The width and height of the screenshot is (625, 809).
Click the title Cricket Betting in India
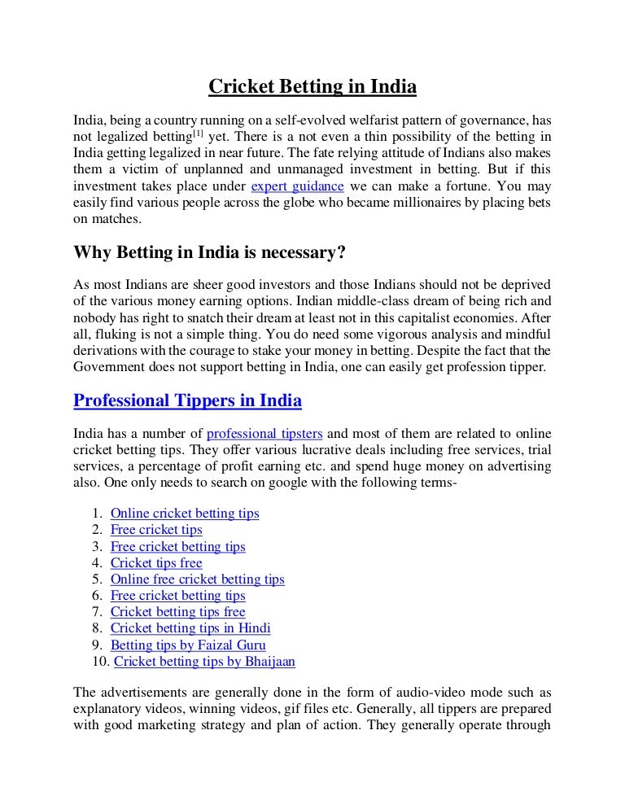click(x=312, y=85)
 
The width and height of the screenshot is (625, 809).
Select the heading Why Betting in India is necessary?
click(x=210, y=252)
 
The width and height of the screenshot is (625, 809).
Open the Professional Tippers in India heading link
click(x=187, y=400)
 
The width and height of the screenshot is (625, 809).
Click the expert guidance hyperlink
click(x=292, y=186)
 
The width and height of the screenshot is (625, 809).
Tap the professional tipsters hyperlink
click(x=264, y=432)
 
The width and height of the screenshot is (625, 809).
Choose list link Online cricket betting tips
click(x=185, y=514)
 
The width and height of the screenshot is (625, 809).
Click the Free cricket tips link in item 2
click(x=156, y=530)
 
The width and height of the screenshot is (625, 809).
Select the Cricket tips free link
click(x=156, y=562)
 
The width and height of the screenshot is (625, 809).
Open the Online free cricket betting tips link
click(x=197, y=579)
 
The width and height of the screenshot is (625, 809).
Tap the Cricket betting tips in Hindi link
click(x=190, y=628)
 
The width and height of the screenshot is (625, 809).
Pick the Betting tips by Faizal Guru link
click(x=188, y=645)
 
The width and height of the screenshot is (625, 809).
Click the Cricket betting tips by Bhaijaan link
click(x=204, y=661)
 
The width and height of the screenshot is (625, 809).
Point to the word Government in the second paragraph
click(x=110, y=367)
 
